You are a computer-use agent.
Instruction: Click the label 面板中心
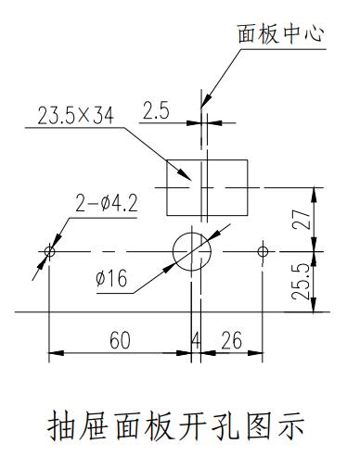tap(281, 33)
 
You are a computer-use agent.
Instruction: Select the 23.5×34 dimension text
tap(76, 116)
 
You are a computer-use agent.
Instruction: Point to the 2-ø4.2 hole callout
tap(107, 203)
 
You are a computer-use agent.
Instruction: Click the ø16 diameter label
tap(111, 278)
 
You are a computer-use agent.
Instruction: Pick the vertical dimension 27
tap(302, 219)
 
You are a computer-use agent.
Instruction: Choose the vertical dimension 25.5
tap(302, 282)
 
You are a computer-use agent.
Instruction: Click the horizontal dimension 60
tap(121, 340)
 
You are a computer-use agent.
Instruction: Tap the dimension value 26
tap(232, 340)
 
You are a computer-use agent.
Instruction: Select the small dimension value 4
tap(196, 340)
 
